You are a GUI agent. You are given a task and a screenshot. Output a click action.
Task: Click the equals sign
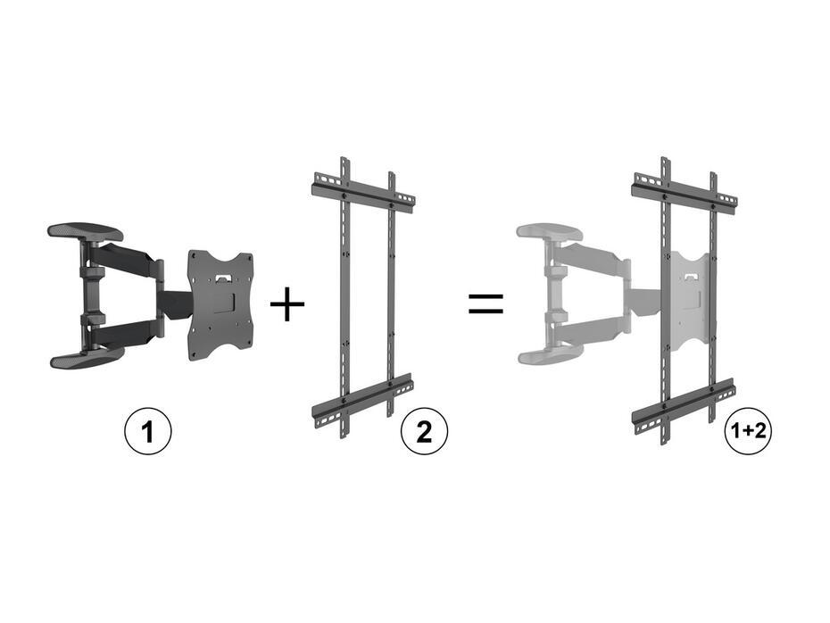pos(486,303)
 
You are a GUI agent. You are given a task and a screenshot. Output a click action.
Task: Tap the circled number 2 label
pos(424,433)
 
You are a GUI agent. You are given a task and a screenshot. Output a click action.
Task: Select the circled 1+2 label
pos(747,433)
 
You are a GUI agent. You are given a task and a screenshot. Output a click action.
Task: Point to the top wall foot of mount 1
pos(86,232)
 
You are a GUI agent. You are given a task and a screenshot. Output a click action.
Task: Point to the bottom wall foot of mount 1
pos(86,359)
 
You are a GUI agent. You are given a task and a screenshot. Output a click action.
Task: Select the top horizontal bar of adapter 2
pos(362,194)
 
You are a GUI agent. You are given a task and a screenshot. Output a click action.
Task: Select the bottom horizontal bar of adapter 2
pos(362,397)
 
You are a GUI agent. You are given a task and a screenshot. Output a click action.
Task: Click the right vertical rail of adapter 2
pos(390,295)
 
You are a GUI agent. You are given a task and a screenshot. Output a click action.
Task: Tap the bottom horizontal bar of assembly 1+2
pos(684,406)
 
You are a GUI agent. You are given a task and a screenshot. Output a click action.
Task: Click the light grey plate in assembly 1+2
pos(690,295)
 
